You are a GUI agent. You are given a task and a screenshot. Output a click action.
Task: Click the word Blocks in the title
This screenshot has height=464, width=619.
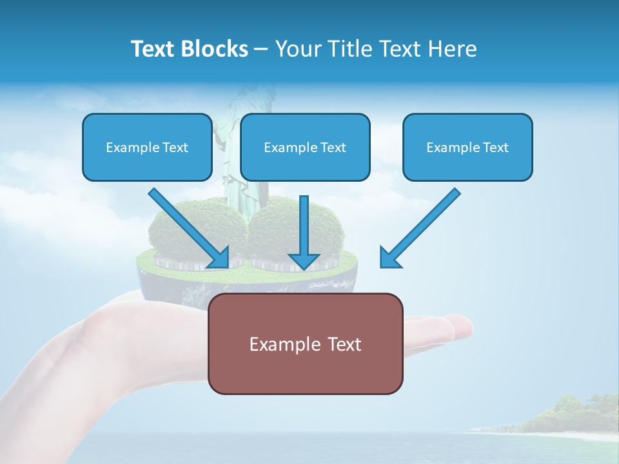(213, 49)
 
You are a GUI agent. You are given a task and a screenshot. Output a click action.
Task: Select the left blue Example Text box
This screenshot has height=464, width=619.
(147, 147)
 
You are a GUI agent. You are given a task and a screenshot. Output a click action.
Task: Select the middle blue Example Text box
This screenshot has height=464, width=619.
(305, 147)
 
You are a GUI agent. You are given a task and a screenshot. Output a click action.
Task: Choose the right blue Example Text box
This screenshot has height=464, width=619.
(467, 147)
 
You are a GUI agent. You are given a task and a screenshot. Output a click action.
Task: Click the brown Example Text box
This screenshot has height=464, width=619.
(305, 344)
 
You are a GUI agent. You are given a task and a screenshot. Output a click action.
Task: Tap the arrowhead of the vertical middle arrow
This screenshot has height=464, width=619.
(304, 260)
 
